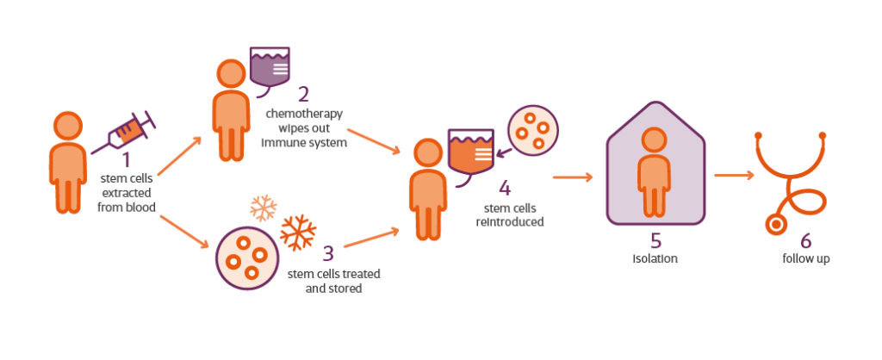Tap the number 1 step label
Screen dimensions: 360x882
(x=126, y=159)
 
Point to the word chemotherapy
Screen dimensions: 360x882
(x=304, y=115)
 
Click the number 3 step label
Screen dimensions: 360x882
(x=328, y=254)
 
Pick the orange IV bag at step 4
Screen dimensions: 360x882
(x=471, y=156)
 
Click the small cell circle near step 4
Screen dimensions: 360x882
(x=531, y=127)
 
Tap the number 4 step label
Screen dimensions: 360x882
(x=504, y=188)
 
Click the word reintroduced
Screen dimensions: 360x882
(x=510, y=221)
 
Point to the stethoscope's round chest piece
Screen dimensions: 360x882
(x=779, y=225)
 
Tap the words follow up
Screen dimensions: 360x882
(x=805, y=258)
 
